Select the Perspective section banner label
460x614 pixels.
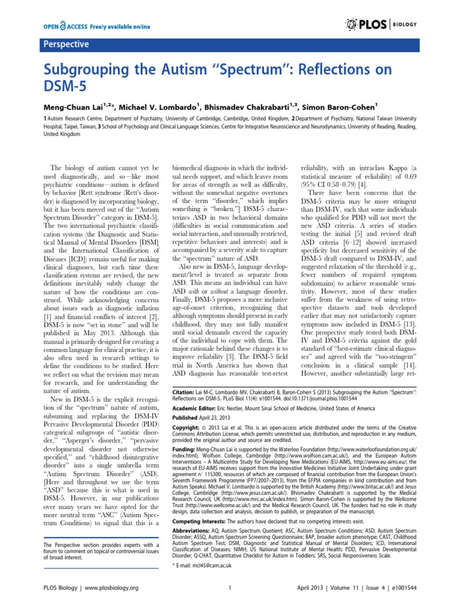click(x=65, y=44)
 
